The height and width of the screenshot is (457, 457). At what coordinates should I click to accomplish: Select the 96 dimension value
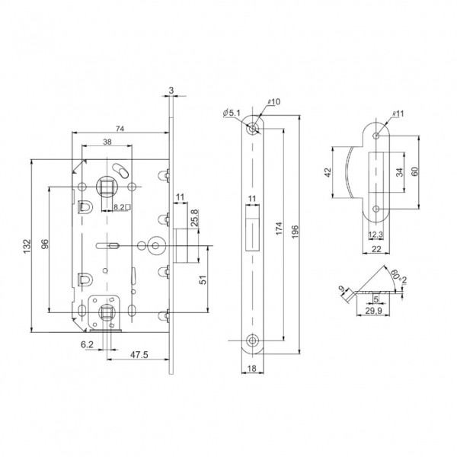[x=44, y=244]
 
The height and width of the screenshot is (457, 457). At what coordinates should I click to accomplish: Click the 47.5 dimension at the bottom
[x=138, y=355]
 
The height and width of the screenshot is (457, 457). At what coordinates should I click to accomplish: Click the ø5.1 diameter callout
[x=232, y=114]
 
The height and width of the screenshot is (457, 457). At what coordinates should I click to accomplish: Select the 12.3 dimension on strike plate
[x=376, y=234]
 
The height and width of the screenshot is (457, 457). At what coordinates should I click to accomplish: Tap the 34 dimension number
[x=400, y=172]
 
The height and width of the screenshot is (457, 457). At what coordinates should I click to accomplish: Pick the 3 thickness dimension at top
[x=171, y=90]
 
